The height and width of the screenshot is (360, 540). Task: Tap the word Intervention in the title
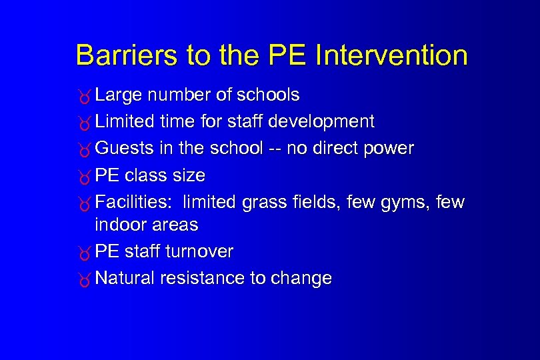[x=391, y=55]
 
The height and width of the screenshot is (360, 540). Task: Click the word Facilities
[x=134, y=201]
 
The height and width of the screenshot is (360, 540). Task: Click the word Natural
[x=125, y=278]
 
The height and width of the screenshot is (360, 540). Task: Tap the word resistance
[x=203, y=278]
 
